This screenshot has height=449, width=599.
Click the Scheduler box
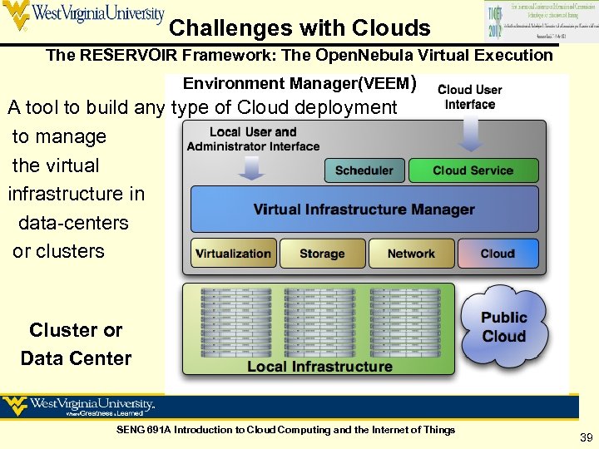point(364,170)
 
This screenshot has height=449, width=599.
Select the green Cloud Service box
point(473,170)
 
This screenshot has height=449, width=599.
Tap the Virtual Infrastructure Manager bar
point(364,209)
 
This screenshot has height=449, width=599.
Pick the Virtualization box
point(233,254)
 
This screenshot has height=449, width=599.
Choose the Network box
point(411,254)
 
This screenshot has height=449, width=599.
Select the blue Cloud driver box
point(498,254)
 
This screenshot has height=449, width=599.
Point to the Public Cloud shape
point(504,327)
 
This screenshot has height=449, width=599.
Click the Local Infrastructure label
point(319,366)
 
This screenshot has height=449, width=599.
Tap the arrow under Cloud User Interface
point(471,133)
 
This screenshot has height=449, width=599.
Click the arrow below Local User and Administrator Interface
point(252,167)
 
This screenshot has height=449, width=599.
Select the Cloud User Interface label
point(470,96)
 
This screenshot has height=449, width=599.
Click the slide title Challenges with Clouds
point(299,29)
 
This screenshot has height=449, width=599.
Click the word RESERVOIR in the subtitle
point(145,56)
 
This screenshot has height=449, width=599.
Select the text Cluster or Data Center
point(76,344)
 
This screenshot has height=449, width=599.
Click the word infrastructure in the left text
point(76,194)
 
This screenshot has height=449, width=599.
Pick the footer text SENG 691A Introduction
point(286,430)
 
